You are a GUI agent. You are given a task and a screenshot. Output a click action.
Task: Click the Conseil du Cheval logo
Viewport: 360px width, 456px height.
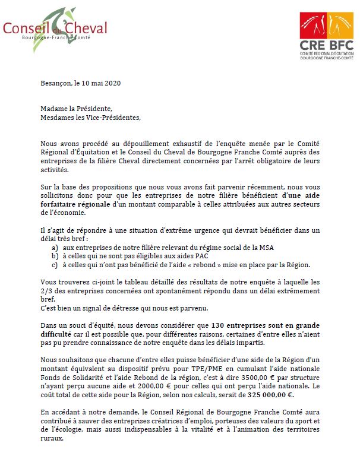pyautogui.click(x=55, y=26)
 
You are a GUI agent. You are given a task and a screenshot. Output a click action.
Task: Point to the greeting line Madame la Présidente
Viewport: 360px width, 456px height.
pyautogui.click(x=76, y=109)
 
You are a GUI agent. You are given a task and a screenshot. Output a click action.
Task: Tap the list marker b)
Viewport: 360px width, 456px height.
pyautogui.click(x=54, y=256)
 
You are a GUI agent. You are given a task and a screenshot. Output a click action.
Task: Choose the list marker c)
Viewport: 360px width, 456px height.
pyautogui.click(x=54, y=264)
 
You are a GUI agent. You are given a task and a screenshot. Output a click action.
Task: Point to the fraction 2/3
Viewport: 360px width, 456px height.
pyautogui.click(x=47, y=292)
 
